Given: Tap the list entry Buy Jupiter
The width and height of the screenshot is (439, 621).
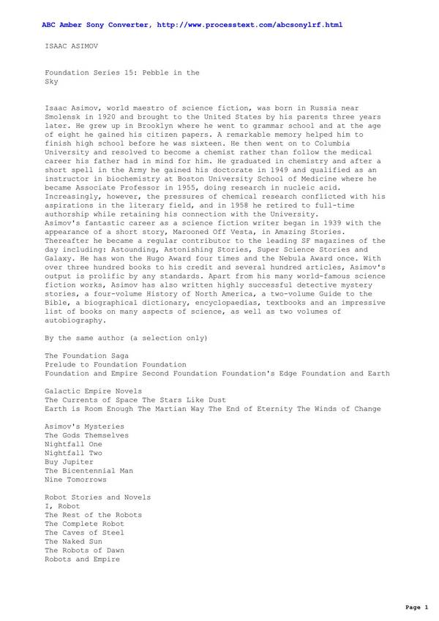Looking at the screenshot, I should (69, 462).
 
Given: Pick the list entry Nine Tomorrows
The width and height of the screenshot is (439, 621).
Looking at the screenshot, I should (75, 480).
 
